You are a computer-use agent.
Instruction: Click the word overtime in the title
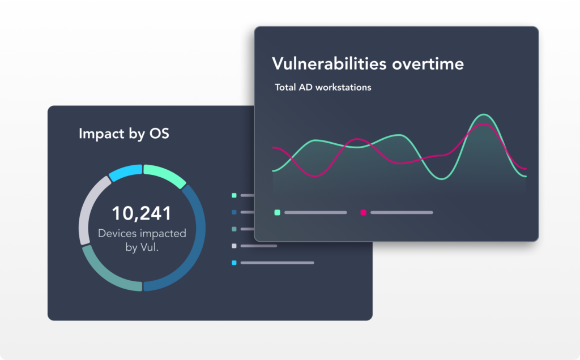(x=428, y=64)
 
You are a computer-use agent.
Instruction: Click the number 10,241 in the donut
(x=141, y=213)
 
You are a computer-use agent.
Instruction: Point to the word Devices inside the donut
(x=117, y=233)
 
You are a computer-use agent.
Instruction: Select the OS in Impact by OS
(x=159, y=133)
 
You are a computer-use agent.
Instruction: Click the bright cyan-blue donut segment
(x=125, y=172)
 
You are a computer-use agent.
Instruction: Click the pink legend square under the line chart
(x=363, y=212)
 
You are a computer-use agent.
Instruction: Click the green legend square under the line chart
(x=277, y=212)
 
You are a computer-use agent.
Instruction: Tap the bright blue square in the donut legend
(x=234, y=263)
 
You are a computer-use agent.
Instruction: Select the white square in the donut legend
(x=234, y=246)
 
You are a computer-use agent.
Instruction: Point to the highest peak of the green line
(x=484, y=114)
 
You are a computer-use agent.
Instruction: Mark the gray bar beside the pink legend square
(x=402, y=212)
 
